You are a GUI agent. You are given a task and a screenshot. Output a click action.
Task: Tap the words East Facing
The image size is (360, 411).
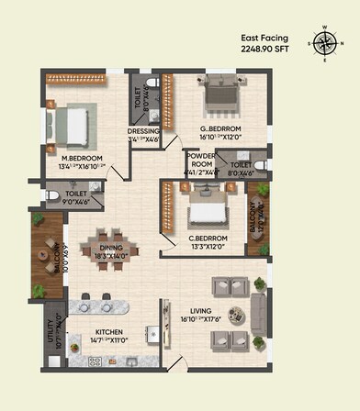click(263, 39)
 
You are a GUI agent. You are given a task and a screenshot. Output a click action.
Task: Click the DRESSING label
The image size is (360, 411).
click(143, 131)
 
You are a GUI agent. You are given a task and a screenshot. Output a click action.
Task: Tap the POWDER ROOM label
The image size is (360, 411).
click(199, 158)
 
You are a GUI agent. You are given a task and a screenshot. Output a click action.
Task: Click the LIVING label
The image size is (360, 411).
click(200, 311)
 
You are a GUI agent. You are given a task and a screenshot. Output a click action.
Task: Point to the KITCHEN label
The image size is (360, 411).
click(108, 331)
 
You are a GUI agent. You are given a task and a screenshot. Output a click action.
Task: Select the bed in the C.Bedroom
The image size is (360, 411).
click(208, 212)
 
